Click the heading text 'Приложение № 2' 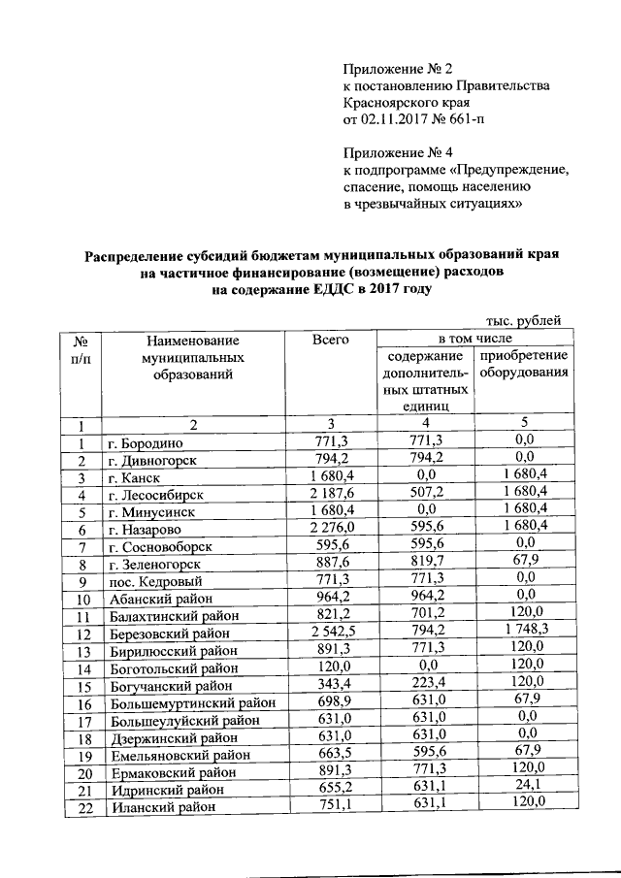tap(398, 68)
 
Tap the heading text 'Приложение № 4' tap(398, 152)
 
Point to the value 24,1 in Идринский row tap(525, 788)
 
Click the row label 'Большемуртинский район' tap(191, 702)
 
